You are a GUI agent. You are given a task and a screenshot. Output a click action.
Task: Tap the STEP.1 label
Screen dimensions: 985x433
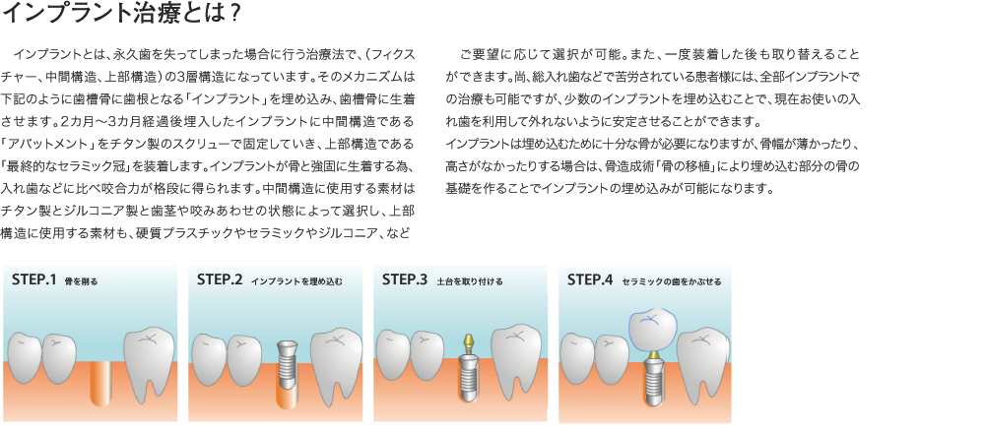(34, 279)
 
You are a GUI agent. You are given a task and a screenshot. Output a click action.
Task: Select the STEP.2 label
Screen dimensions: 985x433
(220, 279)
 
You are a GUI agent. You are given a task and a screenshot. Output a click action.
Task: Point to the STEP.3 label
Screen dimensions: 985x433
(405, 279)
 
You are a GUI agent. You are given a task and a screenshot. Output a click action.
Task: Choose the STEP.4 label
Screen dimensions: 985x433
(590, 279)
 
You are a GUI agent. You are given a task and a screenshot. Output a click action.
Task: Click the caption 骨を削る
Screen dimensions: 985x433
(81, 281)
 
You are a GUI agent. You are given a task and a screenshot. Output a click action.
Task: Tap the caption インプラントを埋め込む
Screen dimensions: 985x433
(296, 281)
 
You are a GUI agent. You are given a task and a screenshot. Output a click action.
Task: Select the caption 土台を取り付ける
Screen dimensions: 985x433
(469, 281)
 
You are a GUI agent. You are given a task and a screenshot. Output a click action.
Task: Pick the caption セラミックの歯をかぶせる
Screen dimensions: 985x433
(671, 281)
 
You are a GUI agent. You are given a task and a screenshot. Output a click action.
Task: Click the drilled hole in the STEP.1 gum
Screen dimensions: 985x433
(101, 384)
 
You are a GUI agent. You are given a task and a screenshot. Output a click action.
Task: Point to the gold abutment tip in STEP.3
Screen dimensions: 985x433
(468, 343)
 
